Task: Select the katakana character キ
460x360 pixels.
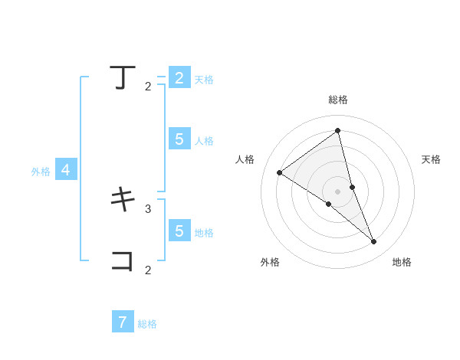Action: click(123, 200)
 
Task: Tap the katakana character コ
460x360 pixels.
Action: click(123, 260)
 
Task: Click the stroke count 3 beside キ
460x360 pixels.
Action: click(148, 208)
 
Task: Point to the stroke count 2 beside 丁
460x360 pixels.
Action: click(148, 87)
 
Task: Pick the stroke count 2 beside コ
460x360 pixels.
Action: click(148, 270)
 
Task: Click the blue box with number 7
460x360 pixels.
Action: click(123, 322)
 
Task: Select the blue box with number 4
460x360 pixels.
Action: click(66, 170)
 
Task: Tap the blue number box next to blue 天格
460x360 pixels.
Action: click(179, 77)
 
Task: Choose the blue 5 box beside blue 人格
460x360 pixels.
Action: click(179, 139)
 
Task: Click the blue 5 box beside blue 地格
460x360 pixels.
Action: click(179, 231)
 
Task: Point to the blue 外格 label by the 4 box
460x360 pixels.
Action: click(41, 172)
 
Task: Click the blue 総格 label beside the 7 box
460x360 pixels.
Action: click(147, 324)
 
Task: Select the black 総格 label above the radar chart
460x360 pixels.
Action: click(338, 100)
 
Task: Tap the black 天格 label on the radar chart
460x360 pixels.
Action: click(432, 159)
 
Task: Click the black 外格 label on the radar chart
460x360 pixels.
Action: click(270, 262)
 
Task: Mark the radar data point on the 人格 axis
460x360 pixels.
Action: click(280, 172)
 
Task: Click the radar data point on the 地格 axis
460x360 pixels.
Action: click(374, 241)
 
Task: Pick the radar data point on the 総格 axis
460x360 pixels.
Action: click(337, 131)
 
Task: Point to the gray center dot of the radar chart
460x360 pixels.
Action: click(337, 191)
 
